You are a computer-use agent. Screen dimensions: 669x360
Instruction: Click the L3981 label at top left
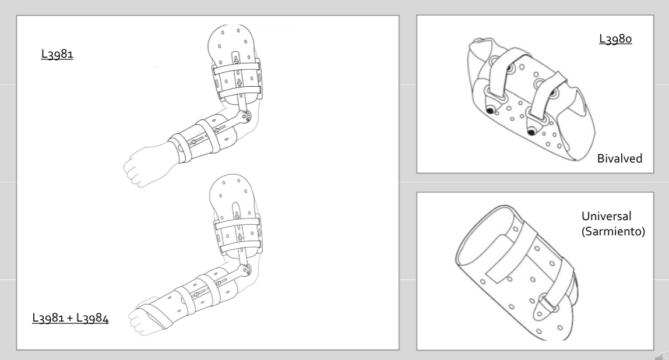(57, 54)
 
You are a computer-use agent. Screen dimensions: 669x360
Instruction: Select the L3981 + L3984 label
(71, 318)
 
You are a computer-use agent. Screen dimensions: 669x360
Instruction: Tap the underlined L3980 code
(615, 39)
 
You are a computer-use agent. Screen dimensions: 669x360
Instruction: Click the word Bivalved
(619, 158)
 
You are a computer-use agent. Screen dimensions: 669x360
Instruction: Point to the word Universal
(606, 216)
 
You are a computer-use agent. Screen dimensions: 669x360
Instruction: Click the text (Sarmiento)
(613, 231)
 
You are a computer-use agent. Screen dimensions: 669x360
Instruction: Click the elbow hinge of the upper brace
(245, 115)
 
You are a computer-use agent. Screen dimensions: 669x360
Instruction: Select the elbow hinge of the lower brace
(245, 269)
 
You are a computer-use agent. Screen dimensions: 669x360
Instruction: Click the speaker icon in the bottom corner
(662, 355)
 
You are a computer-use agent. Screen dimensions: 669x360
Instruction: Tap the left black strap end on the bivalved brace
(490, 111)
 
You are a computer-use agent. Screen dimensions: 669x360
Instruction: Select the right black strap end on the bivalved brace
(531, 132)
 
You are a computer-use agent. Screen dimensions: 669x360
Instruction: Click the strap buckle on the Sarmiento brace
(550, 302)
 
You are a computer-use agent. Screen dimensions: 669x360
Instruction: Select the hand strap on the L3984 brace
(154, 316)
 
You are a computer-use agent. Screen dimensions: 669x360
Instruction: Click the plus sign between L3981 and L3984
(71, 319)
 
